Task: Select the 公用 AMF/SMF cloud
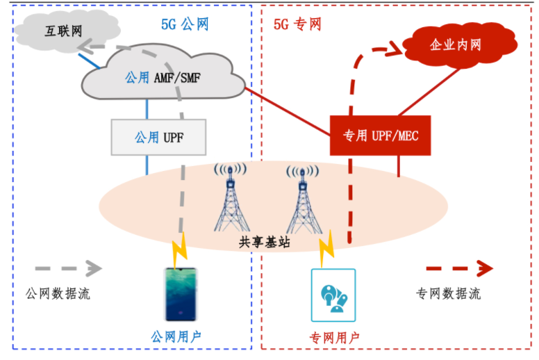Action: [163, 78]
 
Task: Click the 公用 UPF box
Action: [159, 137]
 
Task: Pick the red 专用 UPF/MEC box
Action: [381, 135]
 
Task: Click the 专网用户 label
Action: [333, 338]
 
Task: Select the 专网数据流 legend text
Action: [448, 293]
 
